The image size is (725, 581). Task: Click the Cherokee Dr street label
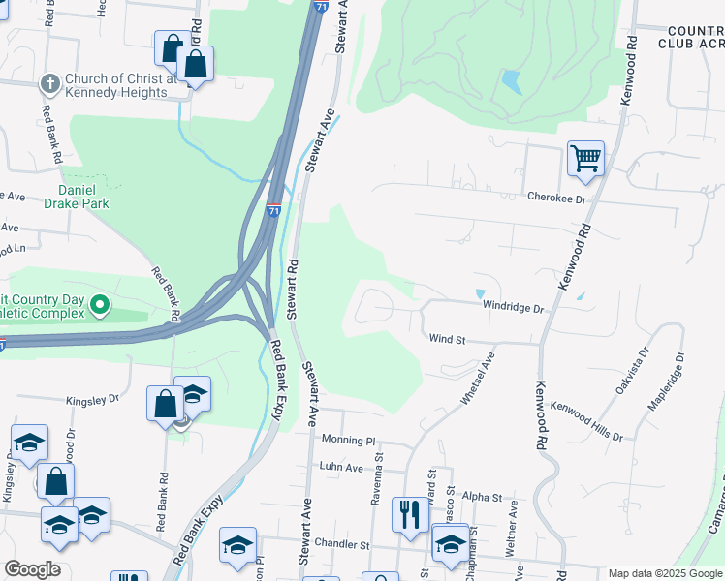tap(557, 198)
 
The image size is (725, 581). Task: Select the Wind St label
tap(448, 340)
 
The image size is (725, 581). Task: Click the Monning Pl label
tap(347, 441)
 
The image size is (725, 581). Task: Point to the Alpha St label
tap(482, 498)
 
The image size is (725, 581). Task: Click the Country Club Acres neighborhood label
tap(691, 37)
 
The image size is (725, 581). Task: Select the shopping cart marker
tap(585, 158)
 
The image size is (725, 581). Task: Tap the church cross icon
tap(49, 84)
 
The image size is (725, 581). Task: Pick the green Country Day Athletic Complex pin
tap(99, 307)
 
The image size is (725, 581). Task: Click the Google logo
tap(32, 569)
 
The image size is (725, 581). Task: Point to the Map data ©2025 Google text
tap(664, 573)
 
